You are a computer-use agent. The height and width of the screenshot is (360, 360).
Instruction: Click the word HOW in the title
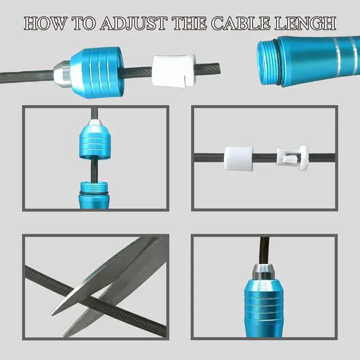pos(46,23)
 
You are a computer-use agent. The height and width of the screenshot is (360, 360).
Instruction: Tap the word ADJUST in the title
pos(134,24)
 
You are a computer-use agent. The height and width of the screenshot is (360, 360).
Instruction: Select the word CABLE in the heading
pos(241,23)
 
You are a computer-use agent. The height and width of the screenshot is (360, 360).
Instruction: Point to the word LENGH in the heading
pos(305,23)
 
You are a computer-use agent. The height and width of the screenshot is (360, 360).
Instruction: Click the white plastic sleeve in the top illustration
pos(174,71)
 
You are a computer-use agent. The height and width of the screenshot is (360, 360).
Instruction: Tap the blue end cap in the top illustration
pos(97,73)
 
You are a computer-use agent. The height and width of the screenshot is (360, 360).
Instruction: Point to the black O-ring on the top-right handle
pos(277,62)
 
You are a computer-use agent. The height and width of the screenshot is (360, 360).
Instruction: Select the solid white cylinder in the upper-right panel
pos(238,159)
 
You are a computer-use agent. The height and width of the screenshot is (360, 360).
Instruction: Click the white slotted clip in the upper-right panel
pos(292,158)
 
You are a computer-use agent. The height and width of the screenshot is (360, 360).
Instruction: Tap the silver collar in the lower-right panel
pos(263,272)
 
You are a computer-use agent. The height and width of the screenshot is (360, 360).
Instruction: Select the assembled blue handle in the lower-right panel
pos(264,308)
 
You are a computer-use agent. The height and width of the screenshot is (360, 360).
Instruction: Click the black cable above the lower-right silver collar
pos(264,250)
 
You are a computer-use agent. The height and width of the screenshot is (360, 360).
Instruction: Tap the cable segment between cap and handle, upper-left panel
pos(94,169)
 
